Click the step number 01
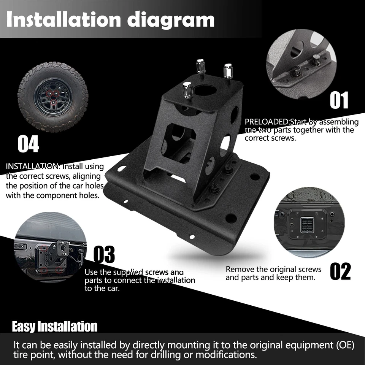click(x=339, y=100)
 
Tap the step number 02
click(x=340, y=271)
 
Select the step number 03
click(x=104, y=254)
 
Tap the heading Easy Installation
click(x=55, y=327)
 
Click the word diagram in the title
click(x=171, y=19)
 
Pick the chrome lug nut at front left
click(x=187, y=90)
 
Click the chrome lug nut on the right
click(x=229, y=72)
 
